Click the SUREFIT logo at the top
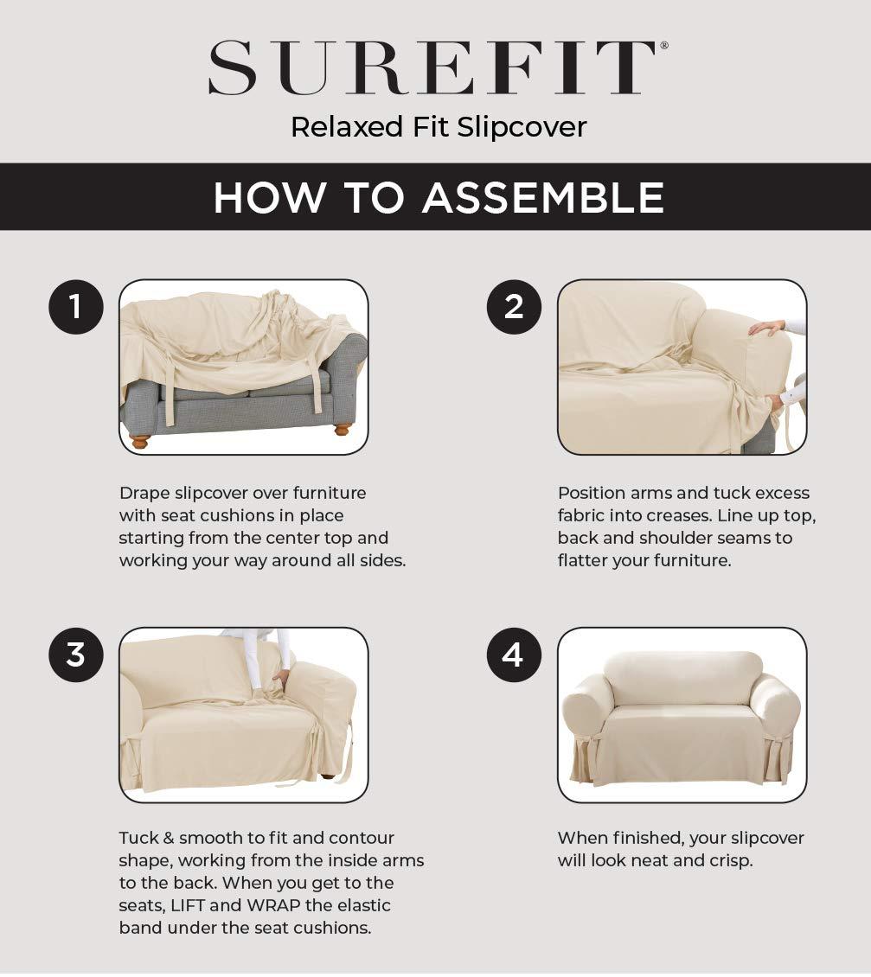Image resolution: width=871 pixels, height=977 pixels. [432, 67]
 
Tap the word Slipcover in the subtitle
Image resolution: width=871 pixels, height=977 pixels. [522, 127]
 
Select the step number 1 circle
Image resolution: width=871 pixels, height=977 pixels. [76, 307]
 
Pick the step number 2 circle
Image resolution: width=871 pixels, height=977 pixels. [514, 307]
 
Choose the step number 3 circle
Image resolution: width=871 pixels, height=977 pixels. [76, 655]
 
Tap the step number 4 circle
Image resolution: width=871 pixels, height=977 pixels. [514, 655]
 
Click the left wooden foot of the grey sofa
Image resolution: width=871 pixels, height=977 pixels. [139, 440]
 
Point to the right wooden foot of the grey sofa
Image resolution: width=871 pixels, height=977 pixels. [343, 428]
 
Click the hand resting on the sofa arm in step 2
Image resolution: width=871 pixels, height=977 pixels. [766, 328]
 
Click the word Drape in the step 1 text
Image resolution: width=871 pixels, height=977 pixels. [144, 494]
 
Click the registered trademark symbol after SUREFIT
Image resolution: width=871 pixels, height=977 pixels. [664, 44]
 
